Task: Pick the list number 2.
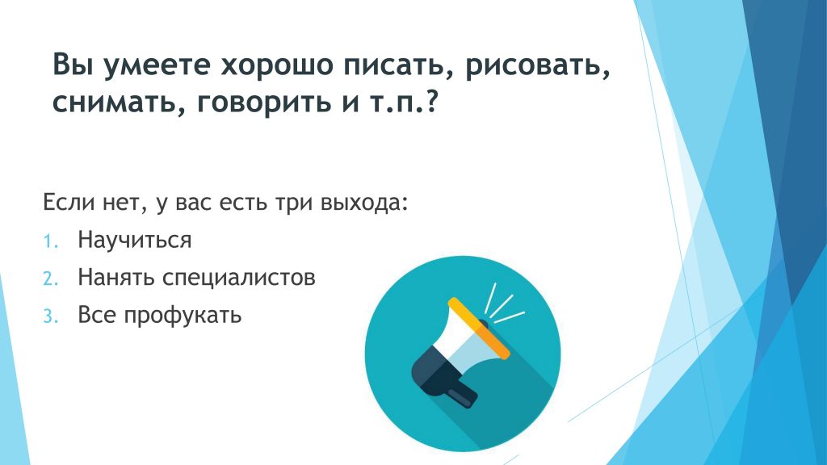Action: tap(50, 279)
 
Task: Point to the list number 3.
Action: tap(50, 316)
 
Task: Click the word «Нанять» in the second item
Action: tap(116, 278)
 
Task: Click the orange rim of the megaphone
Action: tap(479, 329)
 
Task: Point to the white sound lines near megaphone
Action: tap(504, 304)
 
